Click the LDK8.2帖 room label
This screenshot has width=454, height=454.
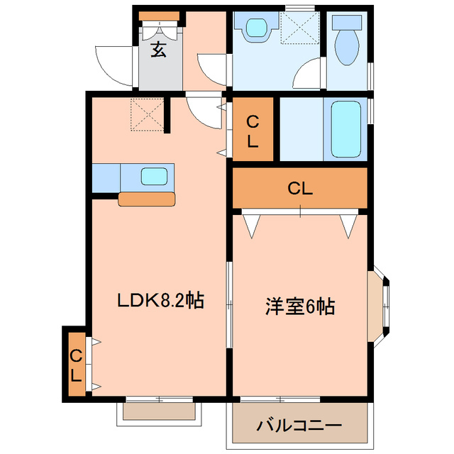(160, 301)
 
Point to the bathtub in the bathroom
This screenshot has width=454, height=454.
(346, 130)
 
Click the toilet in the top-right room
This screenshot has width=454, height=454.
(348, 46)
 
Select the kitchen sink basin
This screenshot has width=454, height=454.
(155, 176)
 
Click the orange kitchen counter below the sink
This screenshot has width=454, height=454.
(146, 199)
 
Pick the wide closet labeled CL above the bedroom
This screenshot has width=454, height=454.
(300, 189)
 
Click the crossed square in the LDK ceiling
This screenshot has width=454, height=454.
(148, 113)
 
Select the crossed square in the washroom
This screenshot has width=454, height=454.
(299, 29)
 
